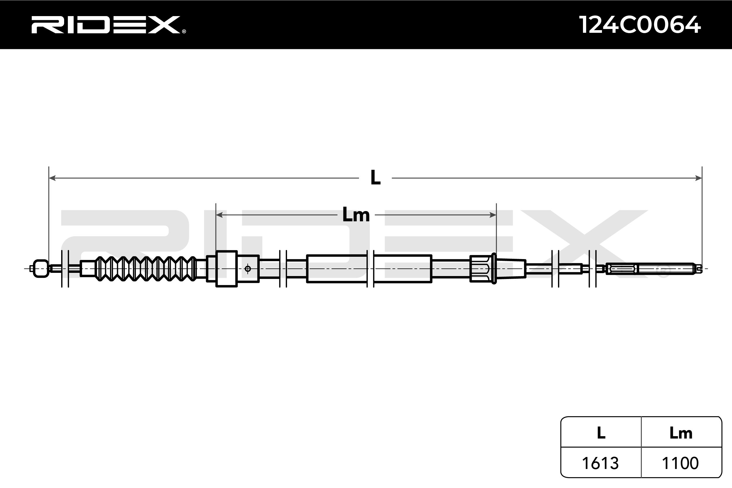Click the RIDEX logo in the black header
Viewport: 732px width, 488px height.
(106, 25)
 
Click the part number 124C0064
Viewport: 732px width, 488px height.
(639, 25)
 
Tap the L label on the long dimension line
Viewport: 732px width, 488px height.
(375, 178)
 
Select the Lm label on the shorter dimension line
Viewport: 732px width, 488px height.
(356, 215)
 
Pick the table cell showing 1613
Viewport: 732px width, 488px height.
(600, 463)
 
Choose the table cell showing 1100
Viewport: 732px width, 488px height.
(680, 463)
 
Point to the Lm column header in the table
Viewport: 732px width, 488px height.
(681, 433)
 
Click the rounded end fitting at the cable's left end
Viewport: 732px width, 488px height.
(41, 268)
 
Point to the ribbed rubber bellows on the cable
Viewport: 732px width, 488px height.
(146, 268)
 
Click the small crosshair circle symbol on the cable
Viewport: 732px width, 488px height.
(248, 268)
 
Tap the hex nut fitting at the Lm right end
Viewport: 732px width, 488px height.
(481, 268)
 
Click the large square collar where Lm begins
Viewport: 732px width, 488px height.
(227, 268)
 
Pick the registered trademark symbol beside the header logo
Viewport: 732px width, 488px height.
(184, 31)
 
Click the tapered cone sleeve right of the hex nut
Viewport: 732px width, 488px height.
(510, 268)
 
